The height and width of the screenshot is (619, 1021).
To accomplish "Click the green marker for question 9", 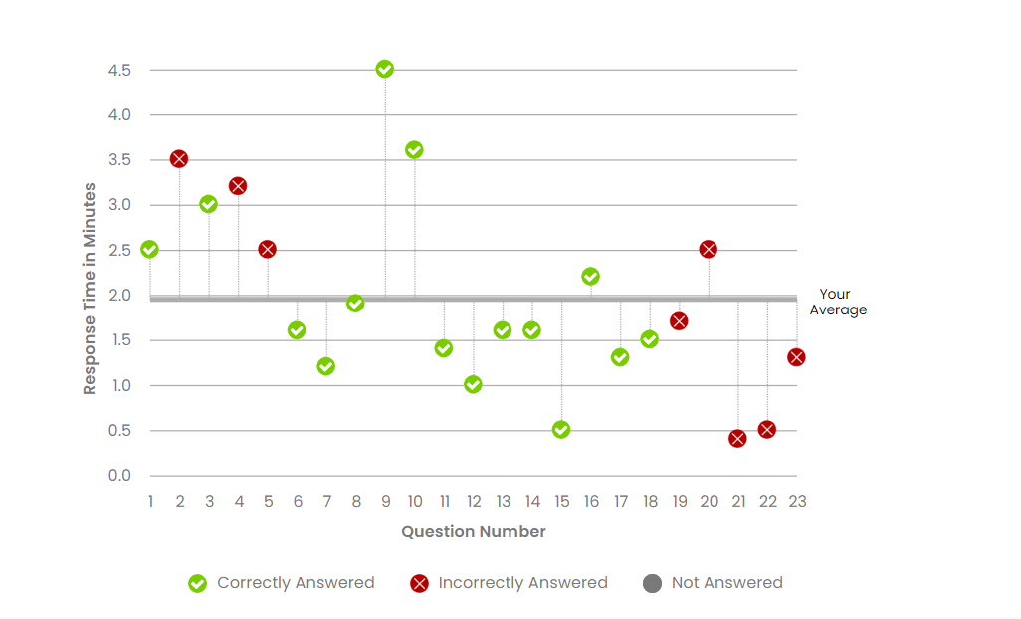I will (385, 69).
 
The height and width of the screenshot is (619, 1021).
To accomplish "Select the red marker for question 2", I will (179, 159).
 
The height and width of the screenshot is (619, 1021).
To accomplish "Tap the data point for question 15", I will (561, 430).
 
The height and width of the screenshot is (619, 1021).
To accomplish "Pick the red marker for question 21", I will (737, 439).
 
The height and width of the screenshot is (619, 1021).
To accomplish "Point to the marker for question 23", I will (796, 357).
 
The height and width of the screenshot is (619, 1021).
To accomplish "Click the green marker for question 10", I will (414, 150).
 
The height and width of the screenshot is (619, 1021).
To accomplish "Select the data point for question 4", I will (238, 186).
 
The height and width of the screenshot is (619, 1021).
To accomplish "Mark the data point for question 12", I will (473, 385).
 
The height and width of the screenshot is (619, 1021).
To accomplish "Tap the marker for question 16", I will (590, 277).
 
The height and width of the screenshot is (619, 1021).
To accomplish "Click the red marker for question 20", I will (709, 249).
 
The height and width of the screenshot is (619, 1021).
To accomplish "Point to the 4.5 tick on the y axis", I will (120, 71).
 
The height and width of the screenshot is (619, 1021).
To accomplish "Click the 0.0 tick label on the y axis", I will (120, 476).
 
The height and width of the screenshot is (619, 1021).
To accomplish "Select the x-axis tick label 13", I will (503, 501).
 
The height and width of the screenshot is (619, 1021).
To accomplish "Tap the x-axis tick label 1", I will (150, 501).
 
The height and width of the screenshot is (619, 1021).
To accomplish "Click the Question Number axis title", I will (474, 532).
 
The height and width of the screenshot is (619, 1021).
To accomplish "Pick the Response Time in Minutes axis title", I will (90, 289).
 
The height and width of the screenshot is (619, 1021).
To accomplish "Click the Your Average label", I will (837, 302).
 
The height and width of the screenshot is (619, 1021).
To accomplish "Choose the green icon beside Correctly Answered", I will (198, 584).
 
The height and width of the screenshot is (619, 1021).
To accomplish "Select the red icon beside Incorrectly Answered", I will (419, 584).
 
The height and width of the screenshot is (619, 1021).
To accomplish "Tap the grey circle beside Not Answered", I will (653, 584).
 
